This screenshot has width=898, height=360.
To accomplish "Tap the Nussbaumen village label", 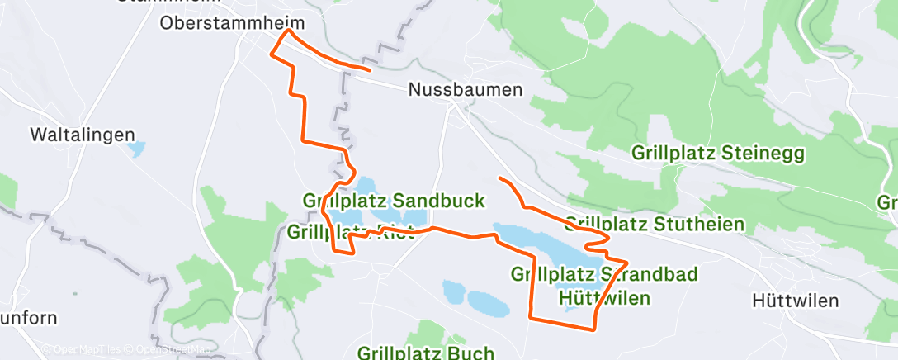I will pyautogui.click(x=466, y=90).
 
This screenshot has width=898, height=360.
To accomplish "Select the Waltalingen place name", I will pyautogui.click(x=82, y=134).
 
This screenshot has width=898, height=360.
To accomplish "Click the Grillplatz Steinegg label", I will pyautogui.click(x=717, y=153).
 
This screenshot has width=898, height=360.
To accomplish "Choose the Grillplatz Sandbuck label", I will pyautogui.click(x=394, y=201).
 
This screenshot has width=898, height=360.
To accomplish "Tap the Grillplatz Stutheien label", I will pyautogui.click(x=655, y=224).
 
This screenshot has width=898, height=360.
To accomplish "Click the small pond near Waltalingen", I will pyautogui.click(x=135, y=150).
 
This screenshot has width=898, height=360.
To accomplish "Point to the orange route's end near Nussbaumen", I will pyautogui.click(x=369, y=70).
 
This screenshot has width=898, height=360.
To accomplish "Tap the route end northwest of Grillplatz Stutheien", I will pyautogui.click(x=499, y=178).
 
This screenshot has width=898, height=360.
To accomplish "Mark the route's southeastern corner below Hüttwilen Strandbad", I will pyautogui.click(x=593, y=329).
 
